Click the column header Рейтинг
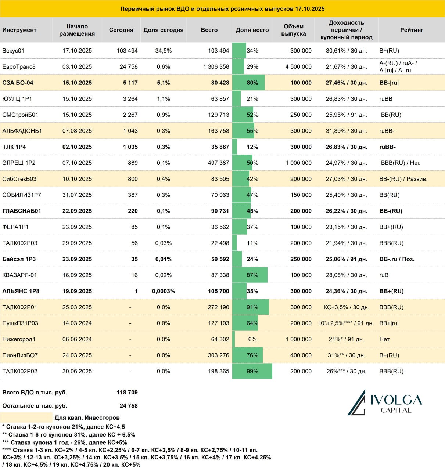pos(412,30)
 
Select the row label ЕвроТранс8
pos(19,67)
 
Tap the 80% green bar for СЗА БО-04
pos(248,83)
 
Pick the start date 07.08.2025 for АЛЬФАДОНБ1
pos(77,131)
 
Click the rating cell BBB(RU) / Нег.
pos(401,163)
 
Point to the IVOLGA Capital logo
pos(385,402)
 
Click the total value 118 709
pos(127,392)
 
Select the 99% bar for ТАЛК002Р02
pos(252,371)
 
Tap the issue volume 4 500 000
pos(298,67)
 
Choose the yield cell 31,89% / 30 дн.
pos(346,131)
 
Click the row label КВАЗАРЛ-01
pos(19,275)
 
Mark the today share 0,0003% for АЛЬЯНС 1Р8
pos(164,291)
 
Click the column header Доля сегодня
pos(164,30)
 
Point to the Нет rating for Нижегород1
pos(384,339)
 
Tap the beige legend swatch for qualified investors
pos(26,417)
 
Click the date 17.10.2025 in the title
pos(310,9)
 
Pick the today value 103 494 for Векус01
pos(127,51)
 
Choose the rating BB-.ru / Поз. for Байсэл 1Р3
pos(397,259)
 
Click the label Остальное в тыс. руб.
pos(35,406)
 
